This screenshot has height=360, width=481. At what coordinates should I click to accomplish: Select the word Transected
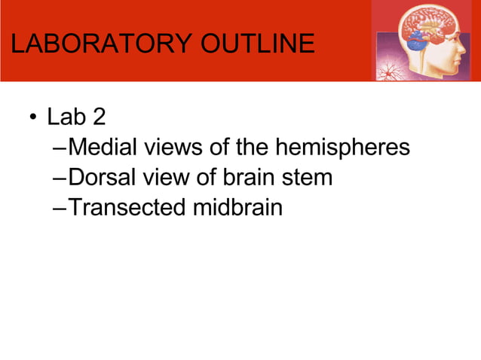tap(127, 207)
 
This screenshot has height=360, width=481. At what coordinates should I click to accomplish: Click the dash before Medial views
tap(60, 148)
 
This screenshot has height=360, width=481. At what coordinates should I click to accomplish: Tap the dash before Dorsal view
tap(60, 178)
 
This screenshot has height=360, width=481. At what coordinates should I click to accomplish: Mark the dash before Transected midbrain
tap(60, 208)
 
